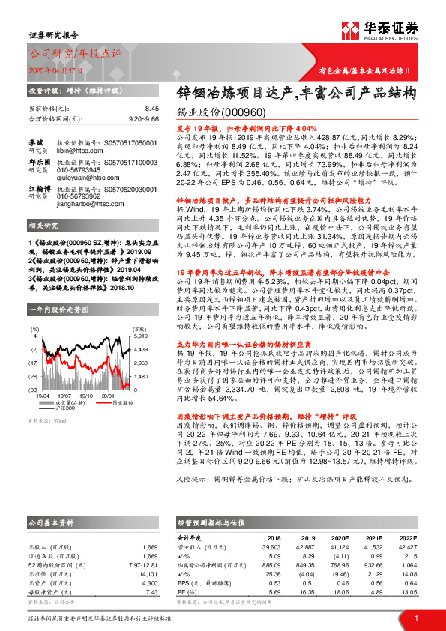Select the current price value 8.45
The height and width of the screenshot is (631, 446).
pyautogui.click(x=152, y=109)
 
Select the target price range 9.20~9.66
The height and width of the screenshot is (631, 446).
pyautogui.click(x=143, y=118)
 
